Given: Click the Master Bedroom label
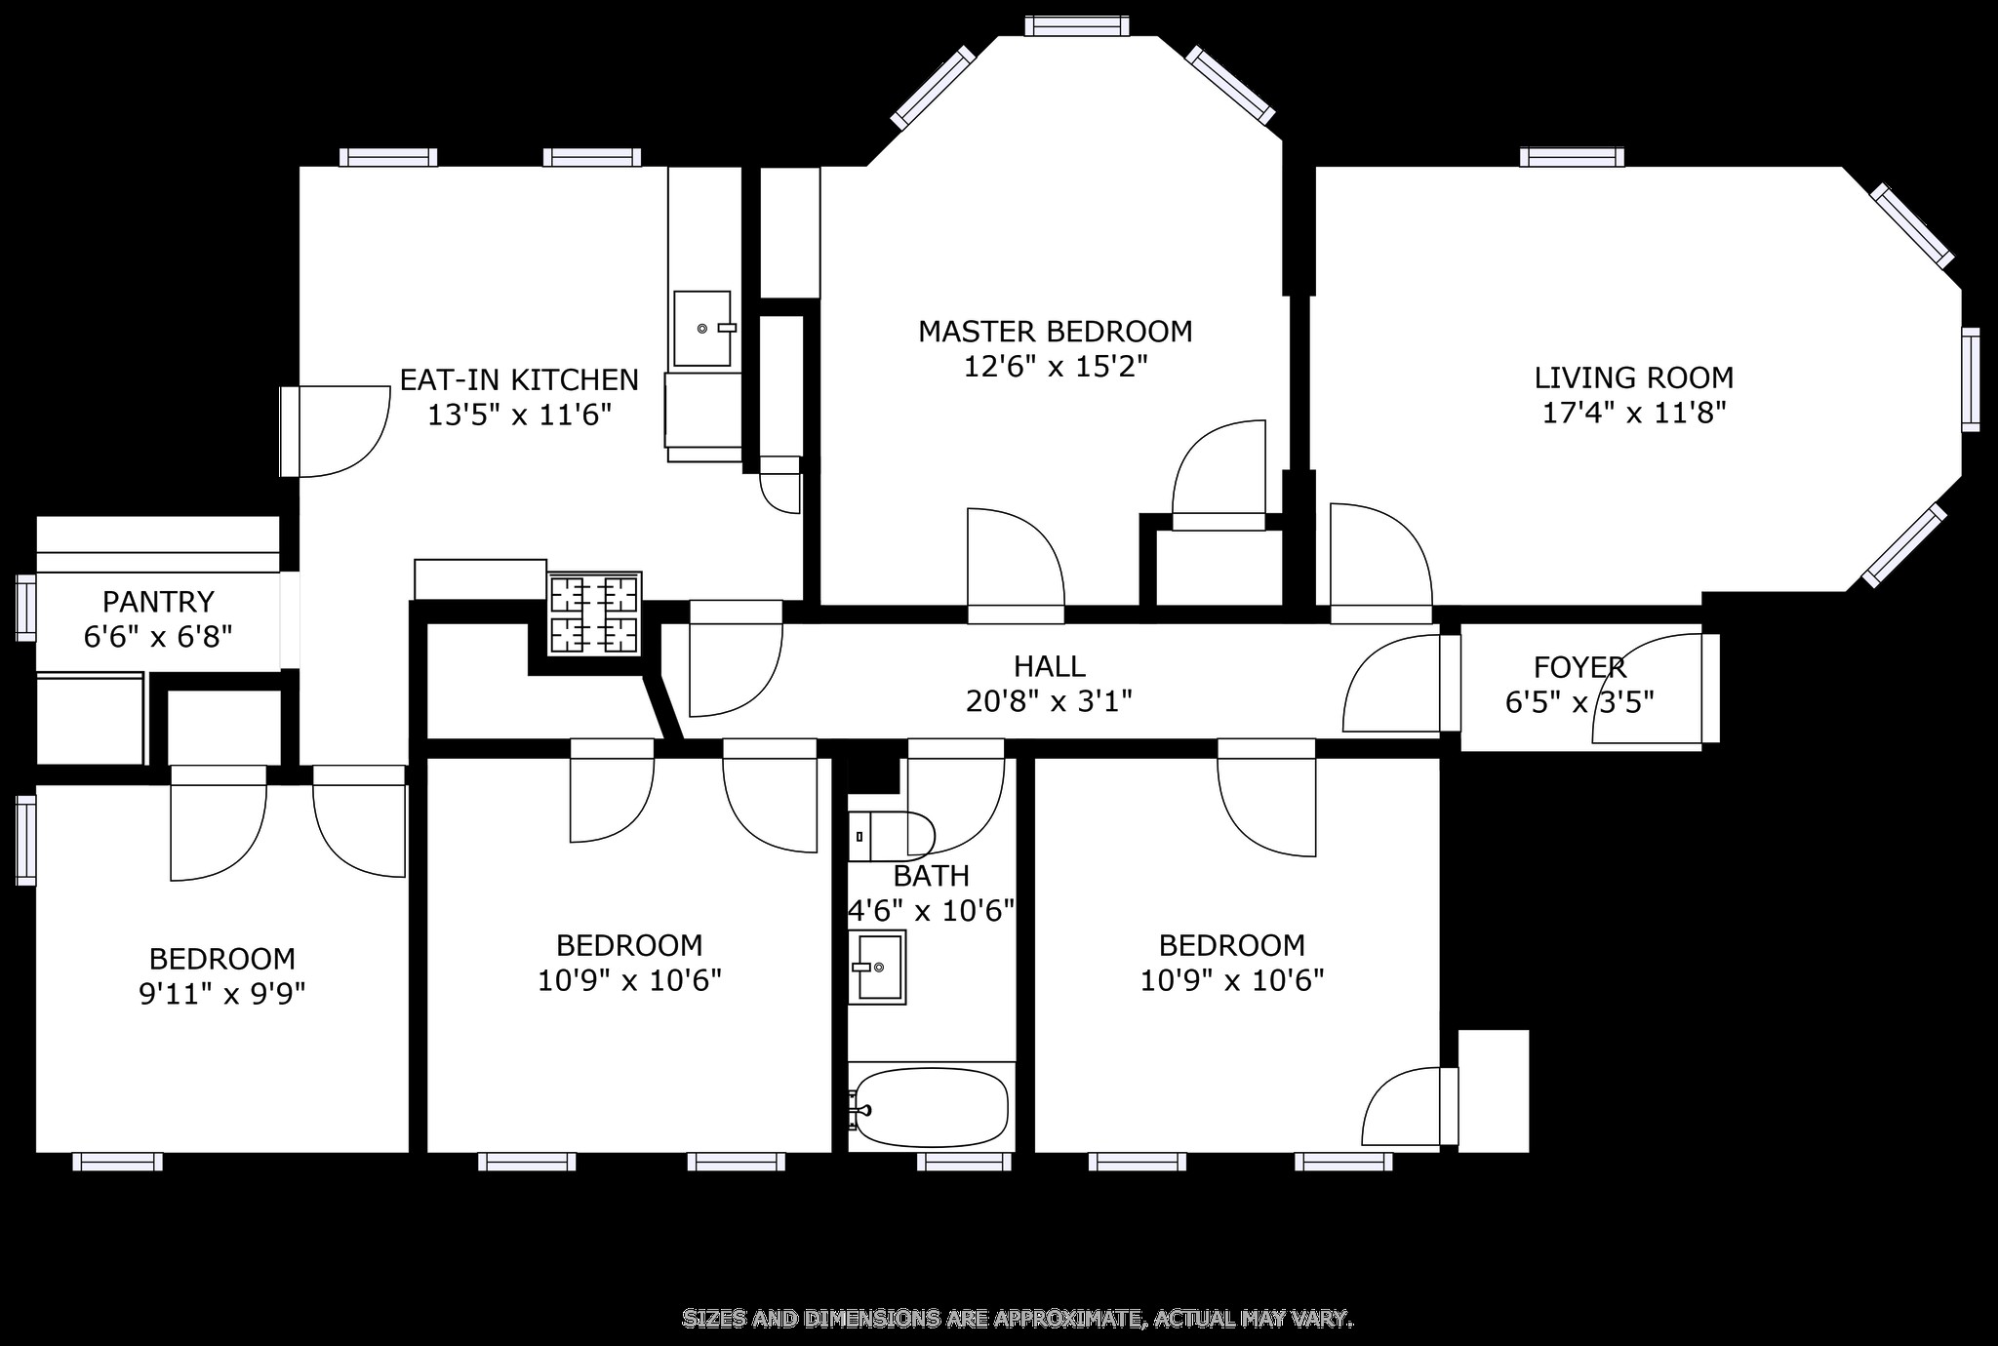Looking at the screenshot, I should point(1055,332).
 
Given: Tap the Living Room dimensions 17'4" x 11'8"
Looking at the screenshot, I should point(1634,413).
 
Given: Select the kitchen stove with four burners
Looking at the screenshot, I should point(594,614).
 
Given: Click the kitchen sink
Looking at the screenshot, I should point(701,329).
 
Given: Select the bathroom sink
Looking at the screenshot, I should point(876,967).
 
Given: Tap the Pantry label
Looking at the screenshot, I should point(158,601).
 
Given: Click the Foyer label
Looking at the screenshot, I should point(1579,667).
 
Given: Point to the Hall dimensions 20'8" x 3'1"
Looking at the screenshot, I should point(1049,701).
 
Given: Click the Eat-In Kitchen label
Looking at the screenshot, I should point(519,379).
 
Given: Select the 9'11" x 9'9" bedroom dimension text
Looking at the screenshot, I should point(221,994).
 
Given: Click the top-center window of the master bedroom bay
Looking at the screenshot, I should point(1077,26).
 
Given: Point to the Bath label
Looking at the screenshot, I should point(931,876).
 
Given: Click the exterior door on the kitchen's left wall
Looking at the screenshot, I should point(290,431).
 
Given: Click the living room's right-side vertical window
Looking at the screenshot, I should point(1971,379).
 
